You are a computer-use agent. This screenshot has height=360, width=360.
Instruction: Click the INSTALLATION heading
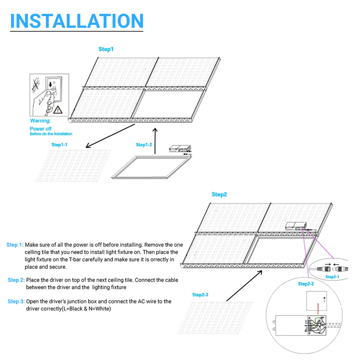coord(77,21)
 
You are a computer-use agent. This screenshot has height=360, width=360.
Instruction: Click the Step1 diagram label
coord(106,49)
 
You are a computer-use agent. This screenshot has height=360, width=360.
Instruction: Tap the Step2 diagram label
coord(219,194)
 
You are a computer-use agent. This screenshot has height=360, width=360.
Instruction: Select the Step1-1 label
coord(59,145)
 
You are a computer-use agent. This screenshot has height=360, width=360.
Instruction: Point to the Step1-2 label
coord(143,145)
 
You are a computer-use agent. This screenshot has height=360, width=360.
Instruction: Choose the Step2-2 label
coord(306,284)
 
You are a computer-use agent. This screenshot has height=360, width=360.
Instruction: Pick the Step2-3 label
coord(200,295)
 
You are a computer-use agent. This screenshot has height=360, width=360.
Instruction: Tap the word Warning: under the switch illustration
coord(40,120)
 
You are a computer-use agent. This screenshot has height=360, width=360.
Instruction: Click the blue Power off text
coord(40,129)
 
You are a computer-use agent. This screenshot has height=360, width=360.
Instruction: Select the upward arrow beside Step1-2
coord(155,140)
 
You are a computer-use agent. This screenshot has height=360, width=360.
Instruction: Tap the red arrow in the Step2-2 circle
coord(318,310)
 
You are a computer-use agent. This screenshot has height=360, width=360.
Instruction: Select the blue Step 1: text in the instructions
coord(15,245)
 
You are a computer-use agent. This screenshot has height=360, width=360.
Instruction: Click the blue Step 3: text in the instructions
coord(16,301)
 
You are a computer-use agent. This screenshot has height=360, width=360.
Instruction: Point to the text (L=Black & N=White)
coord(85,309)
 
